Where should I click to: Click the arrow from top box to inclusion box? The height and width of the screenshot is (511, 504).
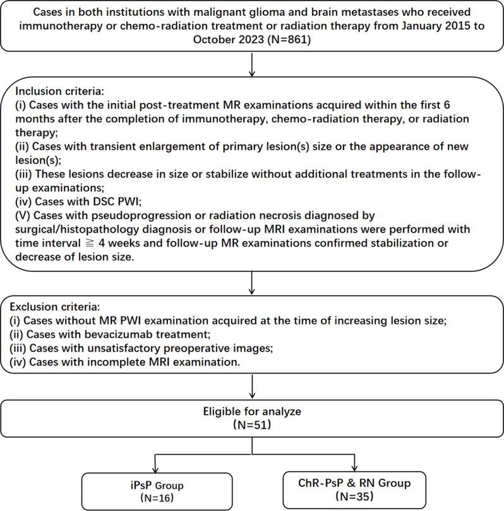[x=252, y=64]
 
